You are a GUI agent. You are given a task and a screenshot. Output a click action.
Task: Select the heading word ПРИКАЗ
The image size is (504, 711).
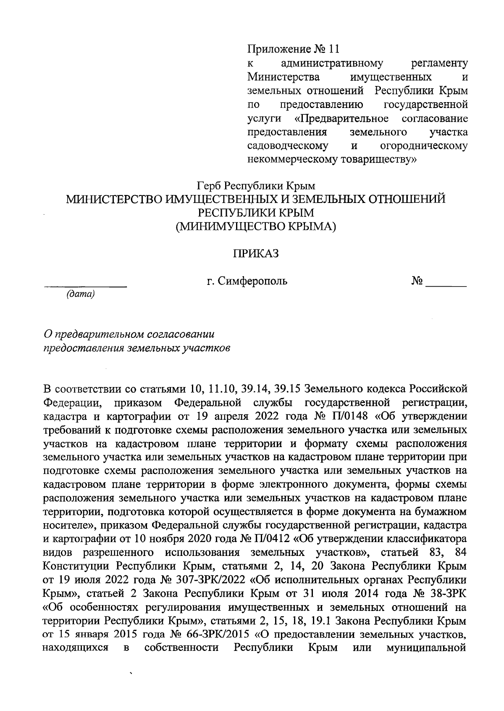[x=256, y=254]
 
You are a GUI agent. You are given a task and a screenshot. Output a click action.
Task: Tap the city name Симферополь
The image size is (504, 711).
[x=252, y=281]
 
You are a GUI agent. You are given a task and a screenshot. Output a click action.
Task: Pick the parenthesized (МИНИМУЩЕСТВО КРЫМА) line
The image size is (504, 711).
[x=256, y=226]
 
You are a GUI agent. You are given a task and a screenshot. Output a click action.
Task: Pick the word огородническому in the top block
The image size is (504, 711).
[x=423, y=146]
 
